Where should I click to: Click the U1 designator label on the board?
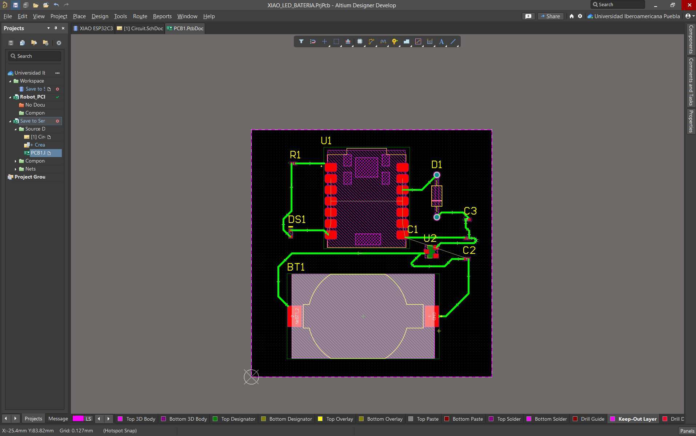(326, 141)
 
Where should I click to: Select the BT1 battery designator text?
(296, 267)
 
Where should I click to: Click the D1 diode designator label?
(436, 165)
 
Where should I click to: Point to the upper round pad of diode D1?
(437, 175)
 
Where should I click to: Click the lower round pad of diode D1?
(437, 217)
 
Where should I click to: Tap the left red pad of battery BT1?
(294, 316)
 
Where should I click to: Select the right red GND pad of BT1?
(432, 316)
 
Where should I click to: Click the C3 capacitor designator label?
(470, 211)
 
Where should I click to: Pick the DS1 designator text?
(297, 220)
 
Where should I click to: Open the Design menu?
(100, 16)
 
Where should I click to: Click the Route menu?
(140, 16)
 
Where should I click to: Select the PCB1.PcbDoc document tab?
(185, 28)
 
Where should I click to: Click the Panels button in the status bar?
(687, 431)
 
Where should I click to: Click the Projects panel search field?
(35, 56)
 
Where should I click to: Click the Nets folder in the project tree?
(31, 169)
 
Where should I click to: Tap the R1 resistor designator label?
(295, 155)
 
